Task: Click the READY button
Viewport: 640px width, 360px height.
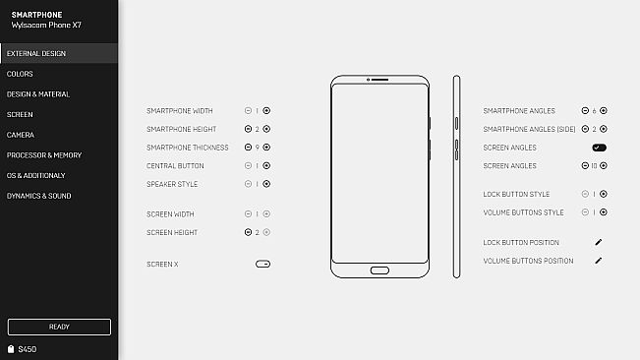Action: (59, 327)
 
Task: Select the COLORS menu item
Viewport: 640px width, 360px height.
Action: (20, 74)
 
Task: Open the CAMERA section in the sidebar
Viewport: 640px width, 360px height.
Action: (21, 135)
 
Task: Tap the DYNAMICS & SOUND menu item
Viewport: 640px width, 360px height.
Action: (39, 196)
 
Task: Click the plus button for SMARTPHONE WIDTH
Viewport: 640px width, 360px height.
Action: (266, 111)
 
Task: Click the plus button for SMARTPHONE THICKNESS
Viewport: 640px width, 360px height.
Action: (266, 148)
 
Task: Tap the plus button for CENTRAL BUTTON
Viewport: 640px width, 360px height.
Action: (266, 166)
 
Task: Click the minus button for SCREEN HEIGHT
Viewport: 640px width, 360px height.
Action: (248, 233)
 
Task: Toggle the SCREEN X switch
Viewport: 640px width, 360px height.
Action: (262, 264)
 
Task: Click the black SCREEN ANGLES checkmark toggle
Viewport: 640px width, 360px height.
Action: (599, 148)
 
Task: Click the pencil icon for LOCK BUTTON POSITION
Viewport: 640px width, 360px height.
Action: (598, 242)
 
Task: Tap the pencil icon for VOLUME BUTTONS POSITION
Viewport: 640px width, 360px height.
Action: (598, 261)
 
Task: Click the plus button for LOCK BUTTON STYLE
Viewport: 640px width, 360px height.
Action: (604, 194)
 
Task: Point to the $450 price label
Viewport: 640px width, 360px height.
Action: (27, 349)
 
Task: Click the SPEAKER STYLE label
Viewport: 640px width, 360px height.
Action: (172, 184)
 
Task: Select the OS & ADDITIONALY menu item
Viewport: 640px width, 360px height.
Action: (35, 175)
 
